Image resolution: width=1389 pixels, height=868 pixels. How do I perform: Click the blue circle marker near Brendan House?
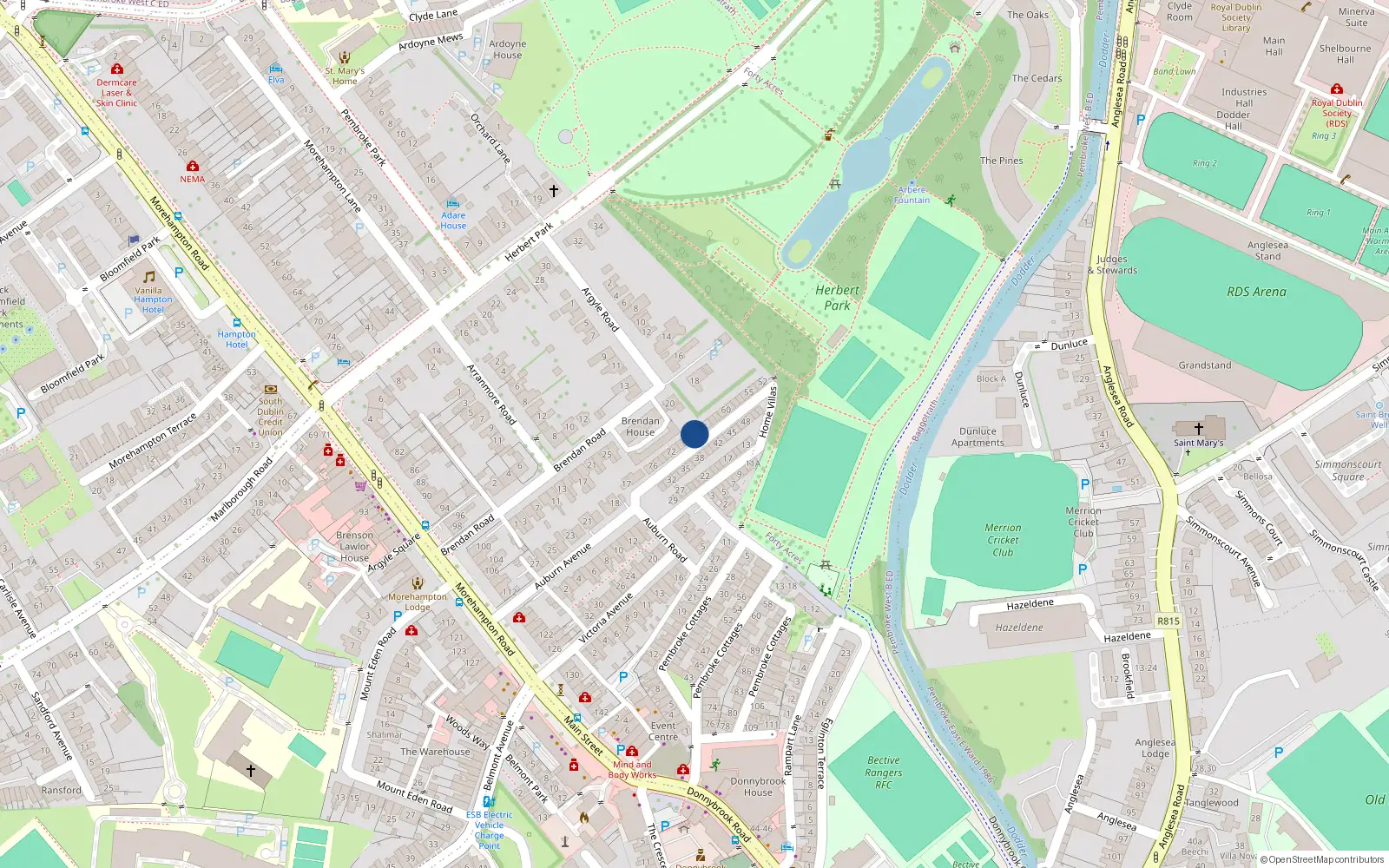click(x=694, y=434)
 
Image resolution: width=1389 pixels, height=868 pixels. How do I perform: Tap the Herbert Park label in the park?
click(x=837, y=298)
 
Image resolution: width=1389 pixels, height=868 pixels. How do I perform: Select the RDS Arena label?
click(x=1256, y=292)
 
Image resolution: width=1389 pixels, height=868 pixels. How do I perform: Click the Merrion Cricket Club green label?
click(x=1003, y=539)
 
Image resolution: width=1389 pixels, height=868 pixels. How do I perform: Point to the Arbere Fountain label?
click(x=912, y=194)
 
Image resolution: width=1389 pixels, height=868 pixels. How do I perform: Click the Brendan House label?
click(x=641, y=426)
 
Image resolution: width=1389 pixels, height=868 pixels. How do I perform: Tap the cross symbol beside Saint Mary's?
click(x=1199, y=429)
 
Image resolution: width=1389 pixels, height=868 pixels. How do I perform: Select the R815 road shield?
click(x=1168, y=621)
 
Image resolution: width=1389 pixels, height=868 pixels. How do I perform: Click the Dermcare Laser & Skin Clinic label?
click(x=116, y=93)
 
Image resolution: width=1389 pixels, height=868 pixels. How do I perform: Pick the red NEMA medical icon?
click(x=193, y=166)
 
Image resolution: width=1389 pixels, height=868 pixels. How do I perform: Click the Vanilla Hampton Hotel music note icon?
click(x=149, y=277)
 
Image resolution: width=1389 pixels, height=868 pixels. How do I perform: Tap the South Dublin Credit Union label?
click(x=270, y=417)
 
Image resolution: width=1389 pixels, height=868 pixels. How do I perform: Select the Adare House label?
click(x=453, y=220)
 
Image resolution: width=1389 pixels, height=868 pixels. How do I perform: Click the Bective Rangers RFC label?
click(x=884, y=773)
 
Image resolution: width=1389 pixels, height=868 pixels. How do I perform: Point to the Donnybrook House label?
click(x=758, y=786)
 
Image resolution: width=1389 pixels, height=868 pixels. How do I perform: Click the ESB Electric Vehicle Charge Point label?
click(x=489, y=830)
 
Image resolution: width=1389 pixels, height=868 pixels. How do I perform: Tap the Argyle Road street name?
click(x=600, y=309)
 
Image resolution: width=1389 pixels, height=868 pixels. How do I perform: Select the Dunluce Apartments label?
click(x=978, y=437)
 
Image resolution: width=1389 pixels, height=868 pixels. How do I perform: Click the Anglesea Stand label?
click(x=1267, y=251)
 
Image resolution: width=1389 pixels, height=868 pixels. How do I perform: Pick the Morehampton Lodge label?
click(x=418, y=602)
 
